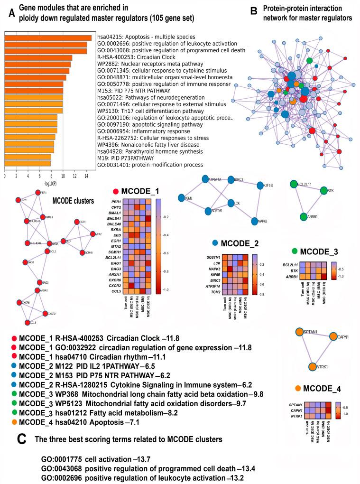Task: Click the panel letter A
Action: tap(11, 14)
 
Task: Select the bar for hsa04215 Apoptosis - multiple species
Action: tap(48, 38)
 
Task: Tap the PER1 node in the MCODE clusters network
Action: tap(38, 193)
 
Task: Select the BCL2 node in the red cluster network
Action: tap(47, 251)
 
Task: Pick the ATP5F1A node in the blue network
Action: tap(205, 179)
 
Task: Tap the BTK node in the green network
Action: tap(324, 191)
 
